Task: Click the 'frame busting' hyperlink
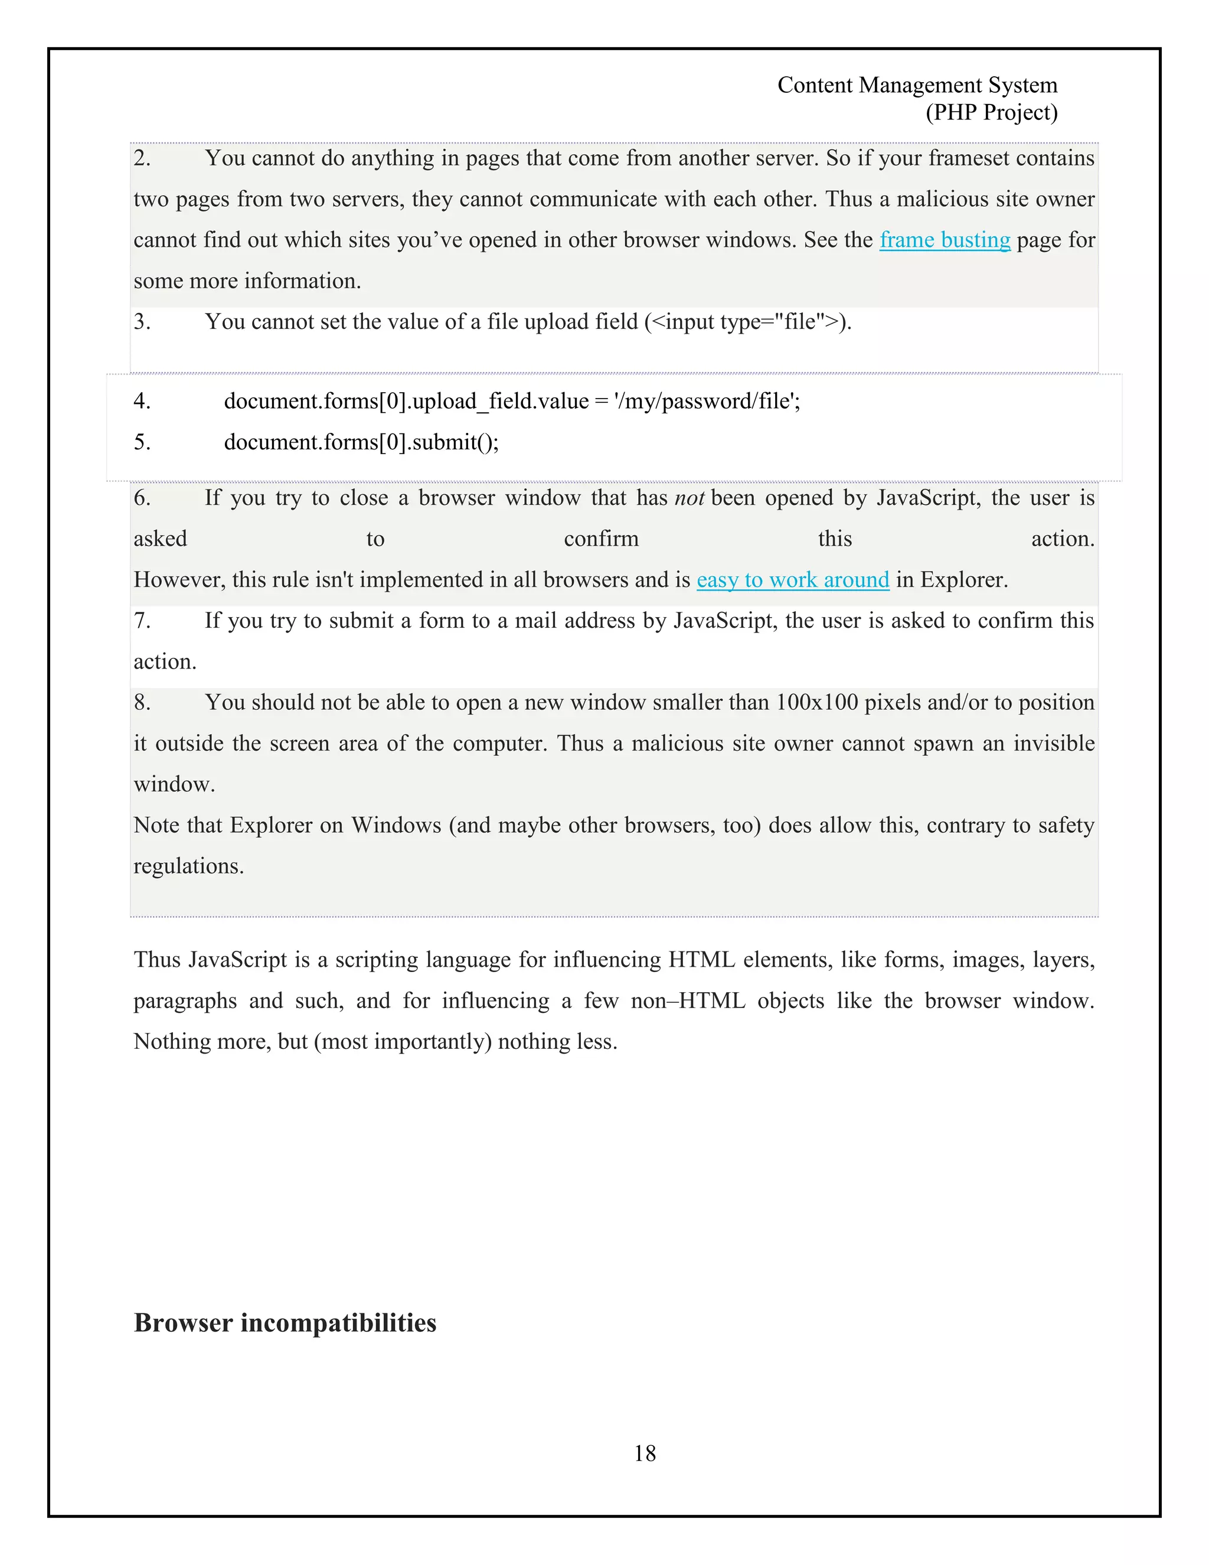(944, 240)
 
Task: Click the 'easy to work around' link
(792, 580)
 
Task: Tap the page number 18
(644, 1453)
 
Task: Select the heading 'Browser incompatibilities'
(285, 1323)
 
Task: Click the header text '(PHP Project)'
(991, 112)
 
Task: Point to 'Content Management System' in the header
(917, 85)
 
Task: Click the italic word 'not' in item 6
(689, 498)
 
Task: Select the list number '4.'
(142, 401)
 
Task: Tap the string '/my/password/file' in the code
(705, 401)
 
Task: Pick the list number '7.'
(142, 621)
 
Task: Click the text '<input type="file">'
(744, 322)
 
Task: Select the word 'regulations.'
(188, 866)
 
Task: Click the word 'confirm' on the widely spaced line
(600, 539)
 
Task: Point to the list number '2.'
(142, 158)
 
